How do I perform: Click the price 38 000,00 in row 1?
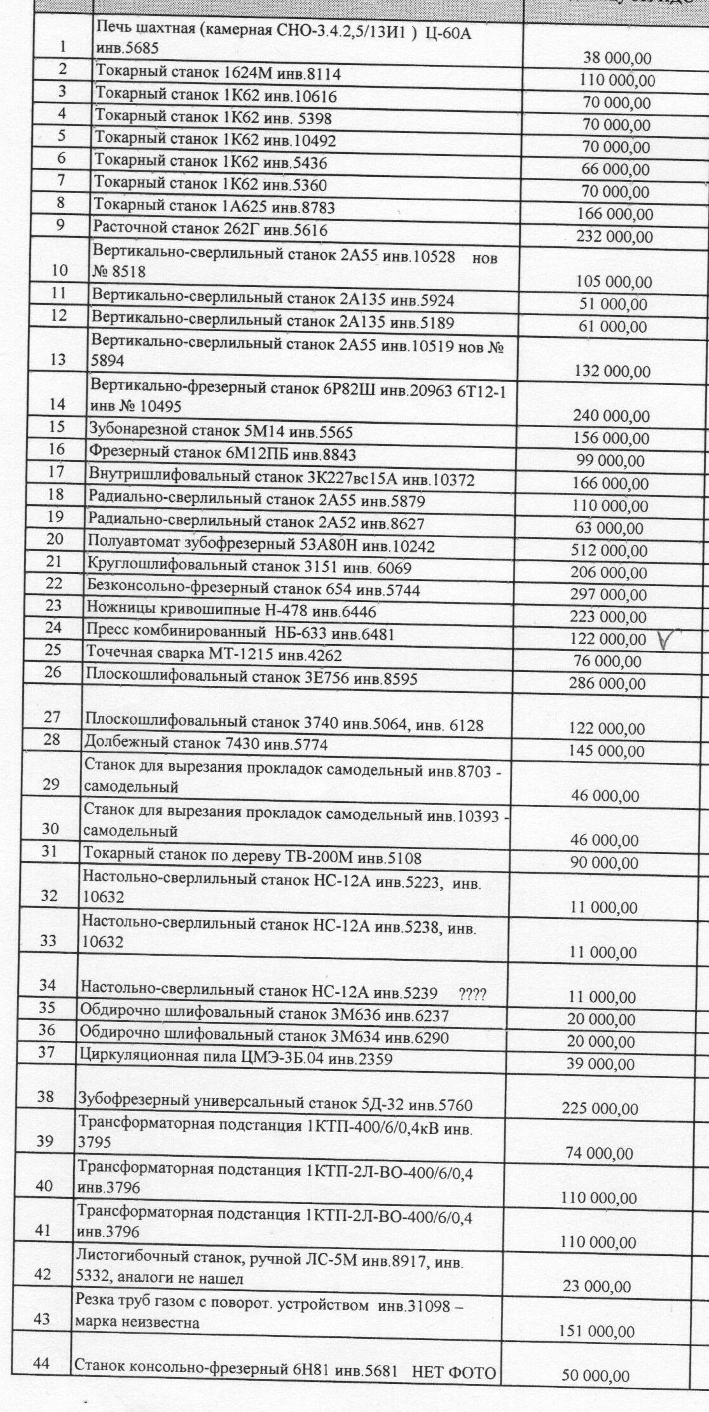coord(617,59)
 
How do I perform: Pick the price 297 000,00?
coord(609,595)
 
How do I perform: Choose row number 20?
coord(55,539)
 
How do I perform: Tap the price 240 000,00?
coord(612,416)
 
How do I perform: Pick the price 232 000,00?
coord(614,237)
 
